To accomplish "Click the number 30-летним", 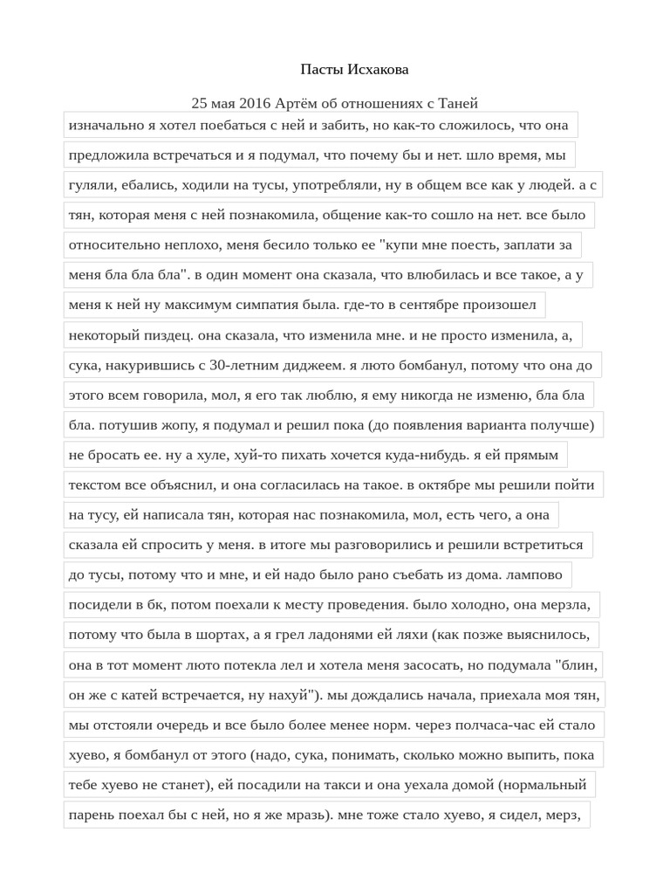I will coord(261,366).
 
